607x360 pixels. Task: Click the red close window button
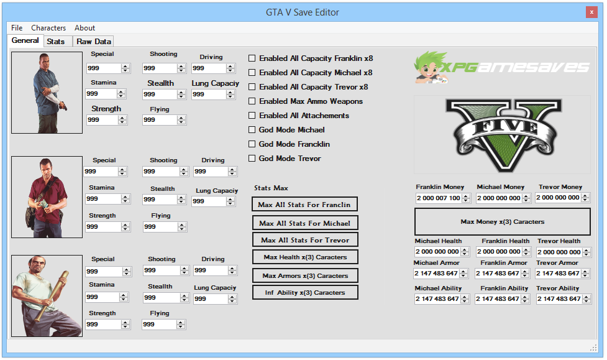click(x=591, y=12)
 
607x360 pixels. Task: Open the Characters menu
click(x=48, y=28)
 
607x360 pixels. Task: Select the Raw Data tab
click(x=94, y=42)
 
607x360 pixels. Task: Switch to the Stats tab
click(x=55, y=42)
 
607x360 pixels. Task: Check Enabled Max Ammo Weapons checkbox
click(x=252, y=101)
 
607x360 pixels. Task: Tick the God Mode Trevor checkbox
click(x=252, y=159)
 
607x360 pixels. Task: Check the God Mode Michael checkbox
click(x=252, y=130)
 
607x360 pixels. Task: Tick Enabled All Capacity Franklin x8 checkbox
click(x=252, y=58)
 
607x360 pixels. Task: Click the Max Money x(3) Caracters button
click(x=502, y=221)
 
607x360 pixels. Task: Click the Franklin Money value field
click(x=438, y=198)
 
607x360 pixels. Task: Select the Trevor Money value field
click(x=557, y=198)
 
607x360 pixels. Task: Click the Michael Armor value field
click(x=436, y=274)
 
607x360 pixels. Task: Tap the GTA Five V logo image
click(x=502, y=134)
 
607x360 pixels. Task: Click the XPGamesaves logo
click(x=502, y=67)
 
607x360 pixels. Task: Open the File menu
click(x=17, y=28)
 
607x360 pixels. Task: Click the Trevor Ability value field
click(x=557, y=299)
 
